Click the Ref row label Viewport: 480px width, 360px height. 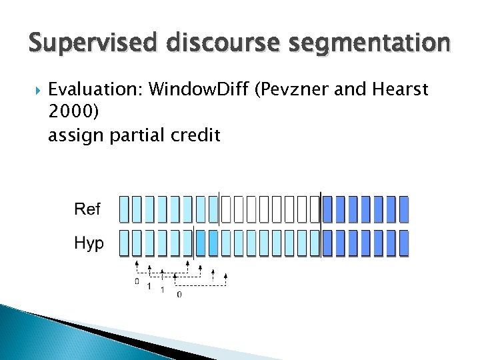tap(87, 209)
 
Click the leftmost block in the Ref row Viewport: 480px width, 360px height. tap(124, 209)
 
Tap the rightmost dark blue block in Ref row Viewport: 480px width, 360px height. tap(403, 209)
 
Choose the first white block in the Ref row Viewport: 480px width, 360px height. tap(225, 209)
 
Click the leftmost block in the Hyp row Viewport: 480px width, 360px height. tap(124, 243)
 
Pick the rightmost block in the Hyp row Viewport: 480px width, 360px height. tap(403, 243)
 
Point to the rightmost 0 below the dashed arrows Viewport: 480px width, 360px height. tap(179, 294)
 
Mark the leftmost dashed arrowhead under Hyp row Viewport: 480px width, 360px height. tap(137, 264)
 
